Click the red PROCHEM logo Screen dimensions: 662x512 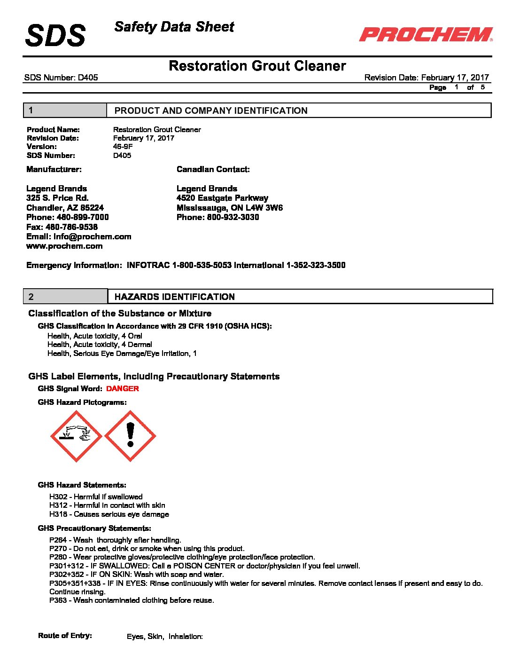tap(426, 34)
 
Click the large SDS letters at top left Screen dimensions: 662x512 tap(55, 36)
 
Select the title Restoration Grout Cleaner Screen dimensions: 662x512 tap(257, 66)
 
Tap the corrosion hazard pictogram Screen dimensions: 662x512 tap(76, 436)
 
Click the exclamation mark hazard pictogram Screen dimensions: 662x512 tap(130, 436)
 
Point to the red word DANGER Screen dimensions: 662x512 tap(122, 389)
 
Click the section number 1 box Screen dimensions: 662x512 tap(65, 110)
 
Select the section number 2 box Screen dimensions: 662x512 tap(65, 297)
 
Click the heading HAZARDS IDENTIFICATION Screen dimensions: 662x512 tap(175, 297)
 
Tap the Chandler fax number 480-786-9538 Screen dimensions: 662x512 tap(71, 227)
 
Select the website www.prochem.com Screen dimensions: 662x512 tap(64, 246)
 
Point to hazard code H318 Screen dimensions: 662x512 tap(58, 514)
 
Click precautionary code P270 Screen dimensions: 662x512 tap(58, 549)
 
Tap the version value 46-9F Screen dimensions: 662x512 tap(123, 147)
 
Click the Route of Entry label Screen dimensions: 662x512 tap(65, 636)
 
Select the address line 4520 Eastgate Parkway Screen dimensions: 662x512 tap(222, 198)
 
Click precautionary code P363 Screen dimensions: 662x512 tap(58, 600)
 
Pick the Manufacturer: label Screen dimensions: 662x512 tap(54, 169)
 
